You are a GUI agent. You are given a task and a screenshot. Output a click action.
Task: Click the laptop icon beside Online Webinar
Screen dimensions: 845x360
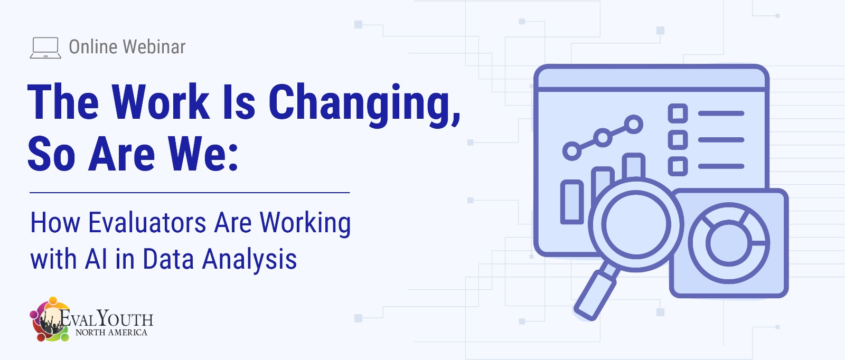[x=45, y=48]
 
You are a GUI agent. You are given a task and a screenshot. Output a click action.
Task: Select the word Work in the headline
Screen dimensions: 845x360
[x=161, y=102]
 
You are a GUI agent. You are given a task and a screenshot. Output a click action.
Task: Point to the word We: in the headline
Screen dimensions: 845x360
[x=203, y=154]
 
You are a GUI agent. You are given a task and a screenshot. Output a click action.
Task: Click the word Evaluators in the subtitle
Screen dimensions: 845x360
[x=147, y=223]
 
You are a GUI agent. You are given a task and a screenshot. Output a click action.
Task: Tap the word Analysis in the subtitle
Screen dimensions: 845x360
[x=249, y=260]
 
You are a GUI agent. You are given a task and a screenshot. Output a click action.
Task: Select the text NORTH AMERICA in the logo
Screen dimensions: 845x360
[x=111, y=333]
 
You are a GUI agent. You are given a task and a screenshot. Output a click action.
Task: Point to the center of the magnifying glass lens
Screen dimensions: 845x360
[x=636, y=224]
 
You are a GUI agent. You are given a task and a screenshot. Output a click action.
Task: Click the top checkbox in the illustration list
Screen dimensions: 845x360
[x=678, y=113]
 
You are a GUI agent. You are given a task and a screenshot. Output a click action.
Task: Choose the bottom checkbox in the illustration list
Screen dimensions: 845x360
[x=678, y=166]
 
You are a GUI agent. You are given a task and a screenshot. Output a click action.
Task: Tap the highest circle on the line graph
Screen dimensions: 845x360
[x=633, y=125]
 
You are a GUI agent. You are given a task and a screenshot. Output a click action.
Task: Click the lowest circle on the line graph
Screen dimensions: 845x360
[x=572, y=151]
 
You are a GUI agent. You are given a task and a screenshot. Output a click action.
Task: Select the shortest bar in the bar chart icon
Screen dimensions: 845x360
[x=572, y=202]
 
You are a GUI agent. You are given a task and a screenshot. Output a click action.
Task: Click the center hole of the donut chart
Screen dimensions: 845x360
[x=729, y=243]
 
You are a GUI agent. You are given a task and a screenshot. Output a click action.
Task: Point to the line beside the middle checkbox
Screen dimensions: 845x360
[x=721, y=140]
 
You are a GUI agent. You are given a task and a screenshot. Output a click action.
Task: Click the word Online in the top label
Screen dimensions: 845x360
[x=93, y=47]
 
